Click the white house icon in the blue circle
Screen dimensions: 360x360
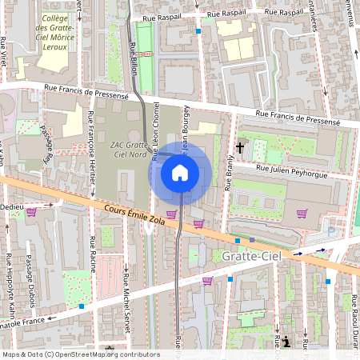(x=180, y=172)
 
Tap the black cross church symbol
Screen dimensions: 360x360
(x=239, y=147)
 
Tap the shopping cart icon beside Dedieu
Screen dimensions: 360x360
(x=32, y=212)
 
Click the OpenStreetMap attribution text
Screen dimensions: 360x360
(x=80, y=354)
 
